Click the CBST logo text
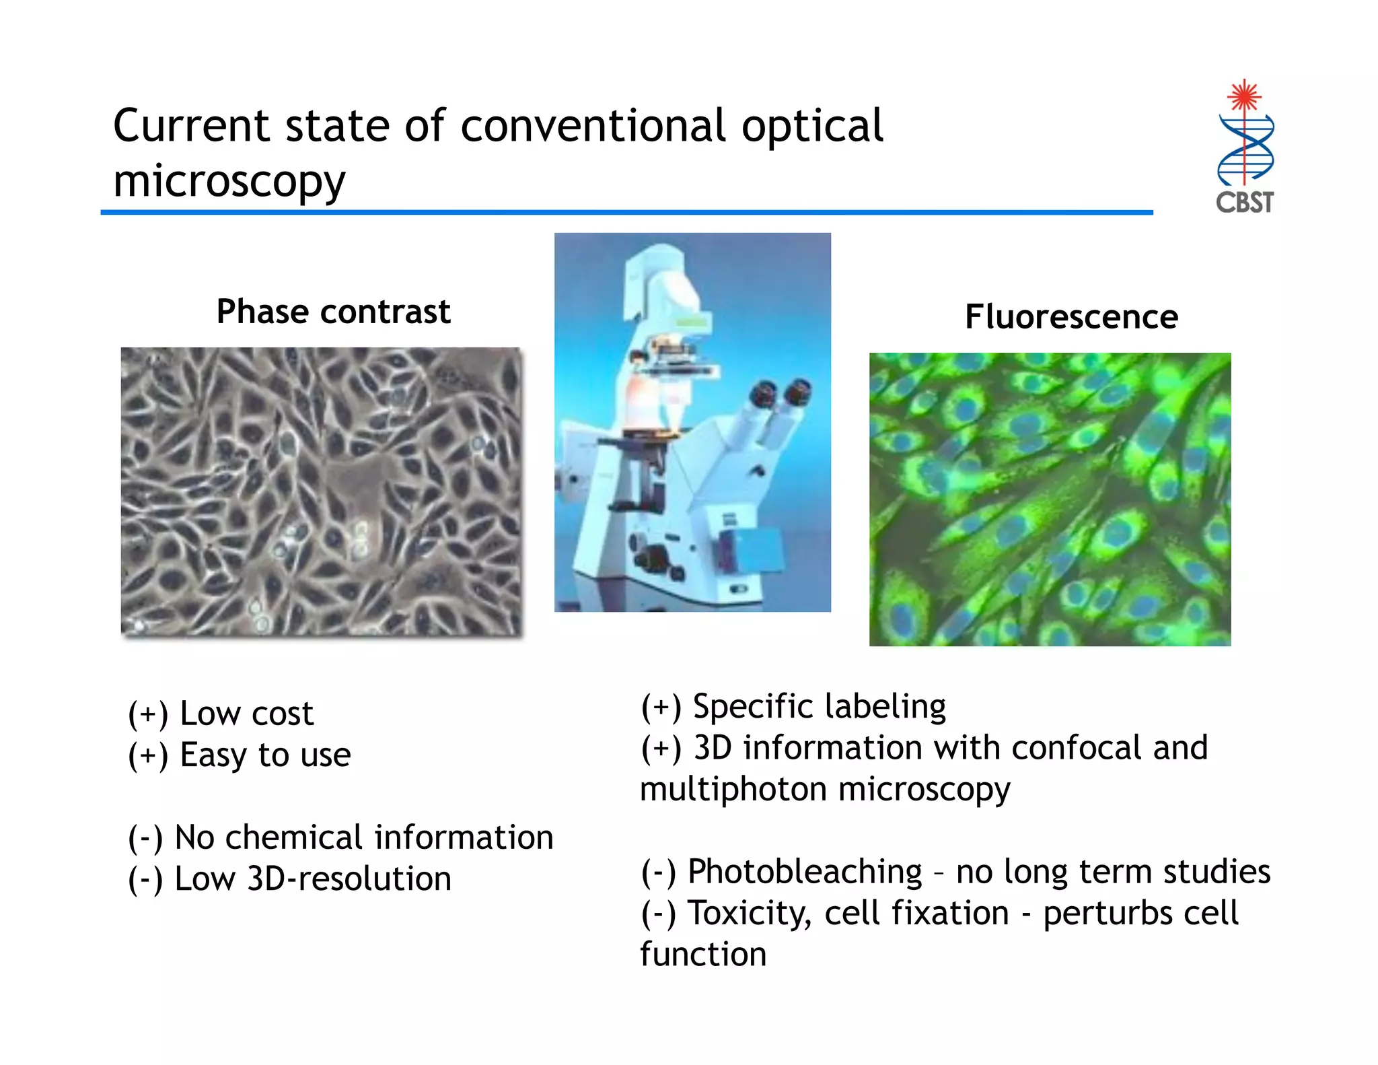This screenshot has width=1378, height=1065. coord(1244,202)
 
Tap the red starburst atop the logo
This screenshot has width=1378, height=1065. coord(1244,96)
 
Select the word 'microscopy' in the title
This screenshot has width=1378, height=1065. coord(229,182)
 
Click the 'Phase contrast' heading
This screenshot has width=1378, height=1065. coord(333,312)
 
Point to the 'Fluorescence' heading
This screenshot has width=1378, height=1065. coord(1071,316)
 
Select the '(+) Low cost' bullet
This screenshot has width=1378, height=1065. coord(221,714)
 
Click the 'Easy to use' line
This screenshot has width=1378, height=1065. coord(265,755)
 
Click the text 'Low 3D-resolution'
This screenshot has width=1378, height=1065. coord(312,879)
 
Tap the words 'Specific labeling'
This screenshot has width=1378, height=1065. coord(819,706)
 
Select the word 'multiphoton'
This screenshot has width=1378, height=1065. coord(733,789)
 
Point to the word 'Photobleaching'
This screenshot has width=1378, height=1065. coord(804,872)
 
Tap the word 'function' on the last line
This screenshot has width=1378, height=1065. coord(703,955)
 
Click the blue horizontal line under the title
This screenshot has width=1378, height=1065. coord(626,213)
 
